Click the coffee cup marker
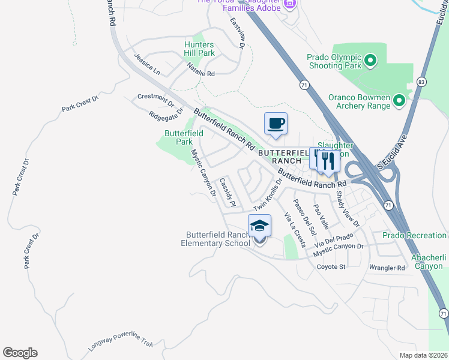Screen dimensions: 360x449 [x=276, y=124]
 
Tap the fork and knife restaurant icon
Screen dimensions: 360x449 [x=327, y=160]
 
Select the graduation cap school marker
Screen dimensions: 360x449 [x=259, y=226]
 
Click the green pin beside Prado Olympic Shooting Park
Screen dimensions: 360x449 [x=370, y=60]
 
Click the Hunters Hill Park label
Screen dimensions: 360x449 [x=199, y=49]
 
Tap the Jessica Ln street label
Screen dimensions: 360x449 [x=147, y=64]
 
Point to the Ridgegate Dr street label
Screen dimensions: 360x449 [x=166, y=113]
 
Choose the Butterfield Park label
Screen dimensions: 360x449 [x=184, y=137]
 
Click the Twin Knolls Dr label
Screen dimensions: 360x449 [x=268, y=197]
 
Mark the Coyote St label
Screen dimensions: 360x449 [x=331, y=266]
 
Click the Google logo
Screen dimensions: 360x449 [x=20, y=353]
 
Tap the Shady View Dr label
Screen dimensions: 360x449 [x=347, y=208]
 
